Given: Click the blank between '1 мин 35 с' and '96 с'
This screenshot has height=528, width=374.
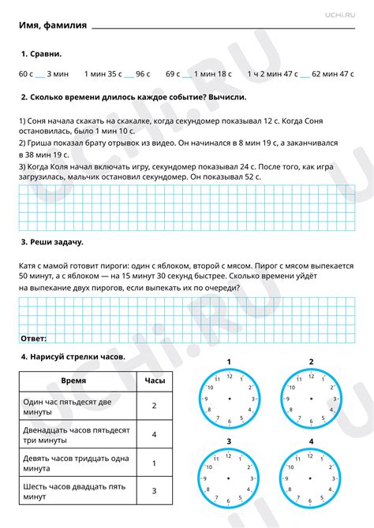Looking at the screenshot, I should pos(129,74).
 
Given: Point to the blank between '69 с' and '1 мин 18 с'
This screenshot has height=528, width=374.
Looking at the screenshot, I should pos(186,74).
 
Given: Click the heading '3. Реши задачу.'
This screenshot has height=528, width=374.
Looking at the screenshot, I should pos(52,242).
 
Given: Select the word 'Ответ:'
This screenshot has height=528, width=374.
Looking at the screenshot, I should pos(33,338).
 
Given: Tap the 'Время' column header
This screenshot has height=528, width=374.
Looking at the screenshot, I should pos(74,381).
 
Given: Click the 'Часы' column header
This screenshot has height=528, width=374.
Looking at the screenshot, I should pos(155,381).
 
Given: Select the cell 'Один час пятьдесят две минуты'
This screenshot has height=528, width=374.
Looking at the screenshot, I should pos(74,407).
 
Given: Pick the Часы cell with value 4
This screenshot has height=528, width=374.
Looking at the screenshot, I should pos(155,434).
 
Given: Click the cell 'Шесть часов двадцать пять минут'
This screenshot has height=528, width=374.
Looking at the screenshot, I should pos(74,492).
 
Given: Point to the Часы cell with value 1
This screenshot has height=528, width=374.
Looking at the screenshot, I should pos(155,463).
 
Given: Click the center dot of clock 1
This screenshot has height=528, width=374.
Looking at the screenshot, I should pos(229,400).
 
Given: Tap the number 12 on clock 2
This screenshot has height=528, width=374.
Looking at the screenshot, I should pos(312,377).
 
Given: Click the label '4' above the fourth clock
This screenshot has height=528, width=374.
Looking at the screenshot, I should pos(312,441).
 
